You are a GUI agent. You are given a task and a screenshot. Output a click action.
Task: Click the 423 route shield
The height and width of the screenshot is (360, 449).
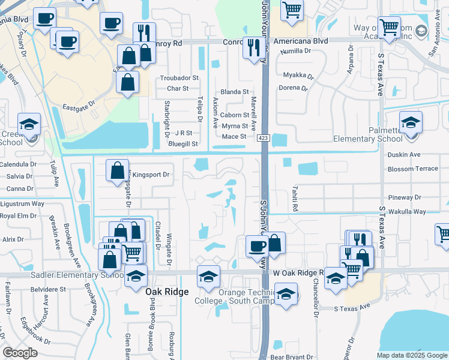tap(263, 139)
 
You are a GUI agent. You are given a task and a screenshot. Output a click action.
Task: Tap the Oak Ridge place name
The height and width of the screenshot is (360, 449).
tap(167, 292)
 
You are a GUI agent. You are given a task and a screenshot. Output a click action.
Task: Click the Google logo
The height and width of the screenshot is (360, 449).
tap(20, 353)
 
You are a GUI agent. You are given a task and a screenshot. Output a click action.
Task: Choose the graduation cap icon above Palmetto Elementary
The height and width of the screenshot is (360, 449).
tap(411, 123)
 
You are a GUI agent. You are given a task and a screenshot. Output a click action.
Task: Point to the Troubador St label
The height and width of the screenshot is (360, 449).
tap(179, 79)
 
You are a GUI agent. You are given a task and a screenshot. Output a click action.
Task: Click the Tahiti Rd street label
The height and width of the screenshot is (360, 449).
tap(295, 199)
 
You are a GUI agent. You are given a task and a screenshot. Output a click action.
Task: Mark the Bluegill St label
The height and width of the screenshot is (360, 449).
tap(183, 144)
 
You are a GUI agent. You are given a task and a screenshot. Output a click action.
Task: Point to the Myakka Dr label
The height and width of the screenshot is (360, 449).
tap(298, 76)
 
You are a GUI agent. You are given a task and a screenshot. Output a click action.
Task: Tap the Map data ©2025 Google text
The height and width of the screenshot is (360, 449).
tap(411, 355)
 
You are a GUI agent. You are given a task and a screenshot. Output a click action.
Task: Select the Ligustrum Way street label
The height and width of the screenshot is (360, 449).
tap(22, 204)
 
